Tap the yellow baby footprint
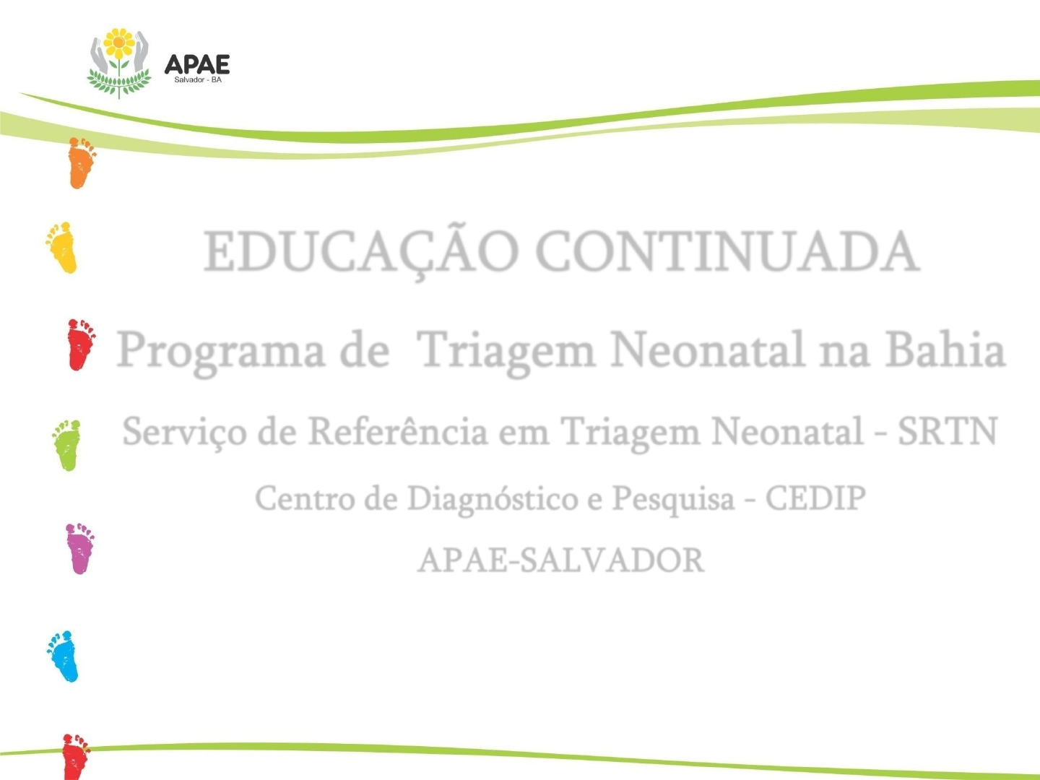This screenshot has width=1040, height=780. coord(62,248)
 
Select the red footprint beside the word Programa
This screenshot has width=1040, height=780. coord(81,344)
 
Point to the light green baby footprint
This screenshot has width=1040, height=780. coord(67,445)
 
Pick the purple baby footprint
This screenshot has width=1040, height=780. coord(80,548)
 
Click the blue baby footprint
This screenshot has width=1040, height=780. coord(63,656)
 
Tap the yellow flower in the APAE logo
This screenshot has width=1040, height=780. coord(119,43)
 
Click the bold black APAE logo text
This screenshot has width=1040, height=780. coord(197,64)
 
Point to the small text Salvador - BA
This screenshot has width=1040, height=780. coord(198,80)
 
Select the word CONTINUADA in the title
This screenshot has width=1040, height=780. coord(728,251)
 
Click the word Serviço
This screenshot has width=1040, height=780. coord(185,432)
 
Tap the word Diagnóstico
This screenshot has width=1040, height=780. coord(493,499)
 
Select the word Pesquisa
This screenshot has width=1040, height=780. coord(673,499)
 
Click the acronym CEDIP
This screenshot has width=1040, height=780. coord(816,498)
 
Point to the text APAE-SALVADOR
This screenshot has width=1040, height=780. coord(560,560)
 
